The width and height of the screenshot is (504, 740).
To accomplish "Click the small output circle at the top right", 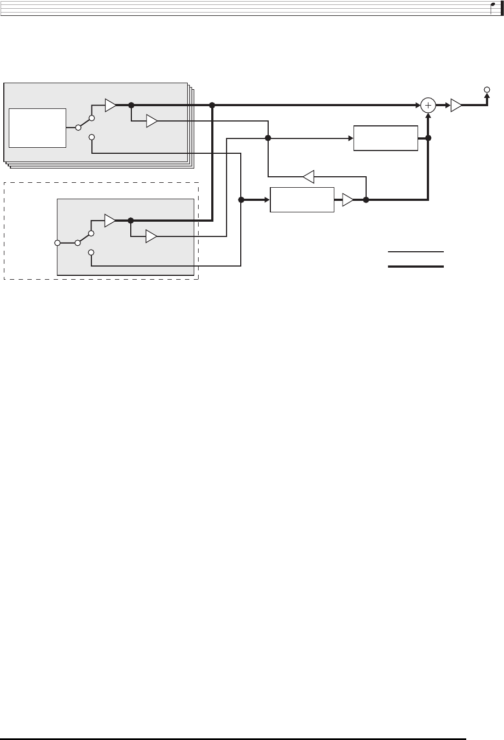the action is pos(486,89).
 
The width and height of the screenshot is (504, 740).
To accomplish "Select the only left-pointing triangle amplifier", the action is pos(308,176).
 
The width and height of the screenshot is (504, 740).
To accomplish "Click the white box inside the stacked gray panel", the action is pos(38,128).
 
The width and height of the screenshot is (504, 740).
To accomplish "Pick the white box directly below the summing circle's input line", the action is pos(386,138).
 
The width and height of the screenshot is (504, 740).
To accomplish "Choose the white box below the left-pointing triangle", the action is pos(302,200).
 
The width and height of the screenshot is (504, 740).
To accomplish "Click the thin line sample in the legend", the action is pos(416,252).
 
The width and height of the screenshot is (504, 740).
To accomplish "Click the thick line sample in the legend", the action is pos(416,267).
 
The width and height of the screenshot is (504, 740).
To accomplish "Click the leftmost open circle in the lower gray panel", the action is pos(57,242).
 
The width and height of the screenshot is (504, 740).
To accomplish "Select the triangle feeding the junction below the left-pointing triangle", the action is pos(347,200).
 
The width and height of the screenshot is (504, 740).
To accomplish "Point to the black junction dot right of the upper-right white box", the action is pos(428,138).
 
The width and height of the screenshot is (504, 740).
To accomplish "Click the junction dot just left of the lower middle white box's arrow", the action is pos(241,200).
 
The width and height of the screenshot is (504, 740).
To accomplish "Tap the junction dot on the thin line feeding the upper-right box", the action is pos(268,138).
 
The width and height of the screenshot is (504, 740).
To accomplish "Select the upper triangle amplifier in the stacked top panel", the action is pos(111,105).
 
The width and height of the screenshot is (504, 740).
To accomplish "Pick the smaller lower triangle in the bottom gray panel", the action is pos(151,236).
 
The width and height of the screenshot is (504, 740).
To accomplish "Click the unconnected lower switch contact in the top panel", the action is pos(92,137).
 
